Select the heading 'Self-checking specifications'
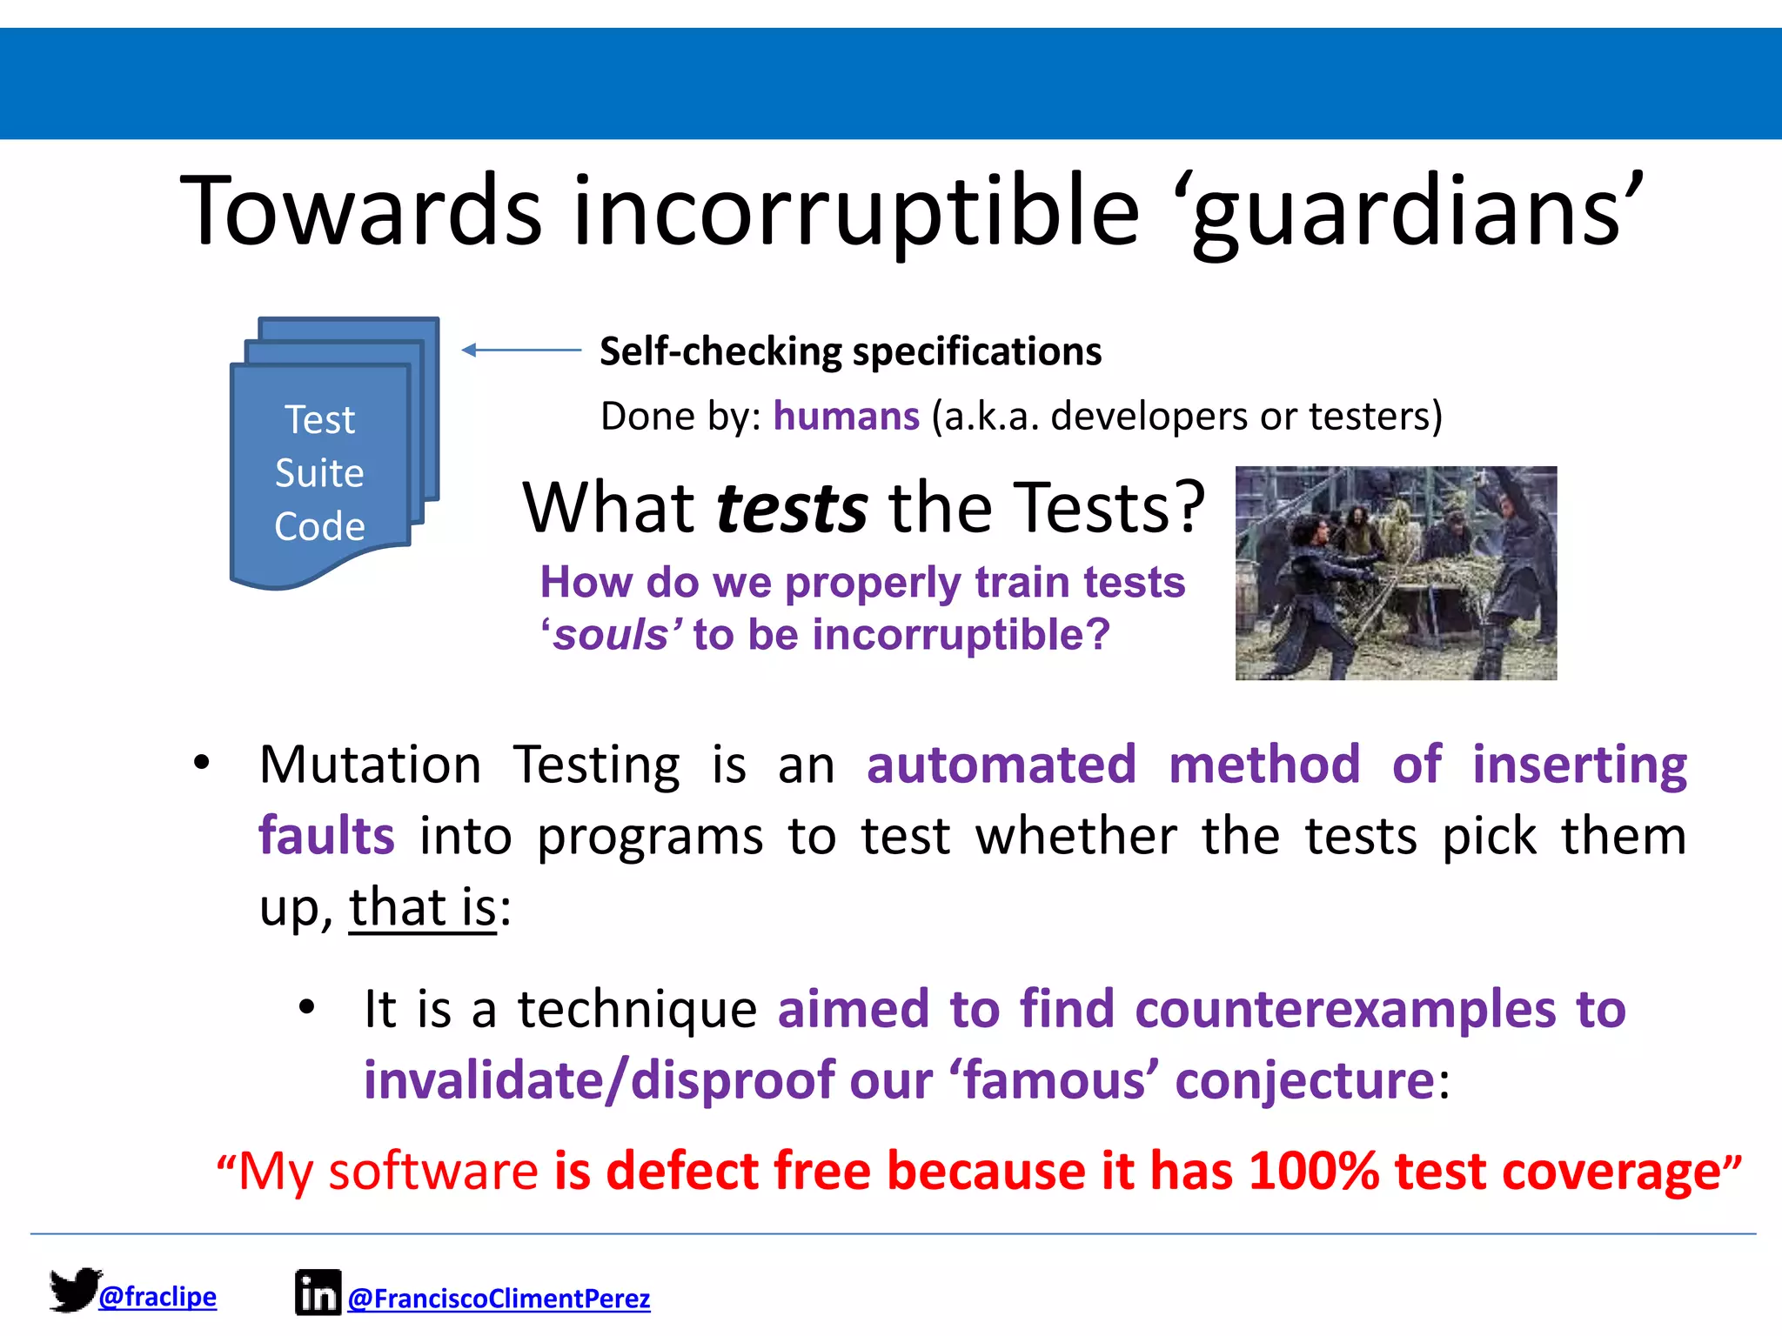point(850,352)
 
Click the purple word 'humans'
point(846,417)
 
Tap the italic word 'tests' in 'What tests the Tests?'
point(791,509)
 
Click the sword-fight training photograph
point(1396,573)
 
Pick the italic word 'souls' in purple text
point(612,635)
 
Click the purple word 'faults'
point(327,836)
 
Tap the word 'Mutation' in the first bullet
point(370,765)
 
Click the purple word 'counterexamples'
point(1345,1010)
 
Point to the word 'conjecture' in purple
point(1304,1081)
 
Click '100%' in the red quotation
point(1313,1172)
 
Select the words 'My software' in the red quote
point(388,1172)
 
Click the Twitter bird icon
point(74,1289)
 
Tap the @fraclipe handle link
point(157,1297)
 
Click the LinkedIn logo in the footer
point(318,1293)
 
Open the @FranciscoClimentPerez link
point(499,1299)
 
